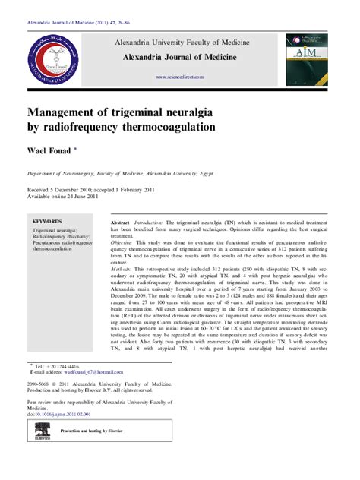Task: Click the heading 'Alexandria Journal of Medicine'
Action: point(180,58)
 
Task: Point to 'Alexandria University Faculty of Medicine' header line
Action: point(180,43)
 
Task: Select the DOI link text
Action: point(58,415)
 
